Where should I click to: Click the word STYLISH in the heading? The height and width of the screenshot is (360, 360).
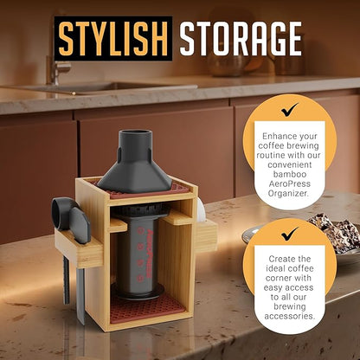(x=113, y=39)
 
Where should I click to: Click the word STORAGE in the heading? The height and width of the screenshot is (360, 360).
(x=241, y=39)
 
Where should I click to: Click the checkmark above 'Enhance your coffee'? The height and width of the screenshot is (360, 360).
(x=289, y=110)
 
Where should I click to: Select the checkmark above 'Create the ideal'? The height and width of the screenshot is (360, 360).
(x=290, y=234)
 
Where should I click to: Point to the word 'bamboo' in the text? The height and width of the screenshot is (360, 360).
(x=286, y=174)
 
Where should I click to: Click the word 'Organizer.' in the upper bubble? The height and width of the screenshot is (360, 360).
(x=288, y=193)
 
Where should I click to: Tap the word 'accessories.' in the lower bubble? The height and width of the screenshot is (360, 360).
(x=290, y=316)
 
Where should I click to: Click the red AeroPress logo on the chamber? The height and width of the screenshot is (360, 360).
(x=151, y=252)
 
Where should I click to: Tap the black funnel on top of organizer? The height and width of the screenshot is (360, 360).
(x=135, y=162)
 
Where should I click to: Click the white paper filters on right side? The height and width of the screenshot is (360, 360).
(x=202, y=209)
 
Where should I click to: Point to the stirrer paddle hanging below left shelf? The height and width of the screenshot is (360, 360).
(x=80, y=292)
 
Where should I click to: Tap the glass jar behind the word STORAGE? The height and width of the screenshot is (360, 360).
(x=228, y=62)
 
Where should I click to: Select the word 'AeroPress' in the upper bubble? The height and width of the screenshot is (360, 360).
(x=289, y=183)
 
